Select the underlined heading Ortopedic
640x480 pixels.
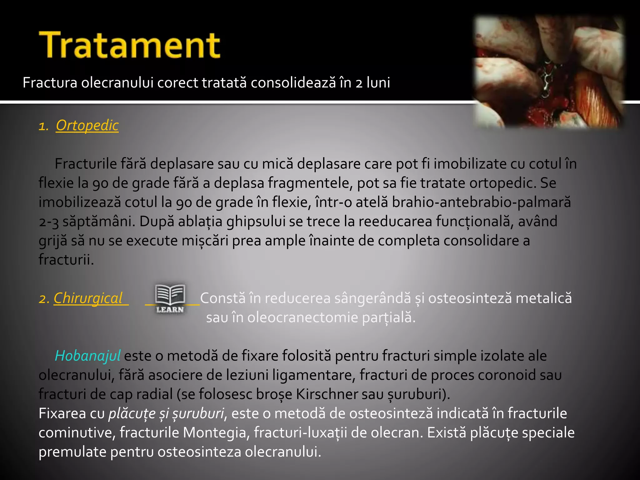click(x=87, y=125)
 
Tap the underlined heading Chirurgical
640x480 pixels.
click(x=88, y=298)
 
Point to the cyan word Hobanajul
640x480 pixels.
click(x=87, y=356)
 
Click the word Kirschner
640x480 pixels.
click(x=327, y=394)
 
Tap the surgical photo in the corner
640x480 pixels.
click(x=549, y=71)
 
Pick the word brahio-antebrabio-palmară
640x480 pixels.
click(x=481, y=202)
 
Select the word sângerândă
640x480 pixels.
click(x=373, y=298)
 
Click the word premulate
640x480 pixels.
click(x=72, y=452)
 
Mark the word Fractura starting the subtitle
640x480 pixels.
click(x=50, y=83)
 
